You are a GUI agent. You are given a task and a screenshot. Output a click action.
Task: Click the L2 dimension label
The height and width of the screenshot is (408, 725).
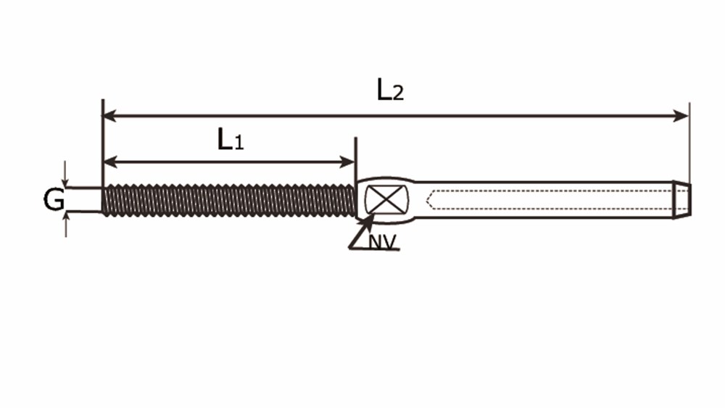point(390,90)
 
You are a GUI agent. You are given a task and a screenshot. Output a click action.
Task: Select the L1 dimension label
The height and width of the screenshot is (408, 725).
point(231,139)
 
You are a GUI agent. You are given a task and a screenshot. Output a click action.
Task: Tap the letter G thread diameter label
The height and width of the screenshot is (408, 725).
point(54,200)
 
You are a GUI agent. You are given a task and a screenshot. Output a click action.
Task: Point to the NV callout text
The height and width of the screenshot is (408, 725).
point(382,241)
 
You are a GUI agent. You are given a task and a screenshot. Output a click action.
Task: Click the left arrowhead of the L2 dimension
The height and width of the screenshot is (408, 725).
point(109,115)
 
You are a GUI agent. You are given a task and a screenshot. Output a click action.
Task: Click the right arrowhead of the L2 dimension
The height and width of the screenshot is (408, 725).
point(681,115)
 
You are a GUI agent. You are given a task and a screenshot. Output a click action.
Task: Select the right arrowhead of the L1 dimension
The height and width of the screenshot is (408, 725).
point(348,162)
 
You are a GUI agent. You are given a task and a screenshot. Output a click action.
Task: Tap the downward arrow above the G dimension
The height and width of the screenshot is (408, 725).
point(65,174)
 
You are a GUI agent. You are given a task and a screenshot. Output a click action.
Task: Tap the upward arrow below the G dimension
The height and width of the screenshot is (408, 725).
point(66,225)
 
